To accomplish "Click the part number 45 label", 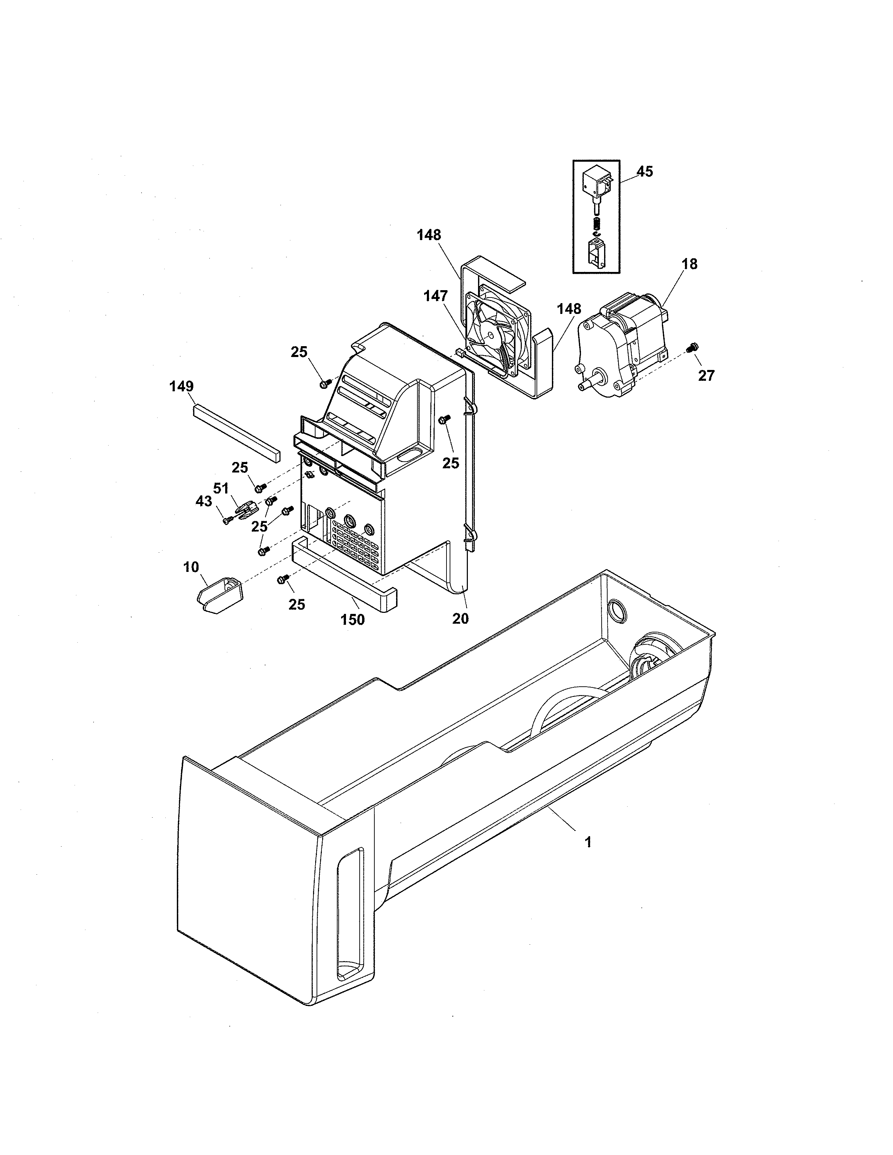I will coord(644,171).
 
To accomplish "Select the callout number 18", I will coord(689,264).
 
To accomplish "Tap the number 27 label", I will coord(706,376).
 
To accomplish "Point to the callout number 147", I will coord(435,296).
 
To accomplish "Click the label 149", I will coord(181,387).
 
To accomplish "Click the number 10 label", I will coord(191,567).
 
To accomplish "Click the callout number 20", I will coord(460,618).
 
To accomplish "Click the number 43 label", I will coord(204,501).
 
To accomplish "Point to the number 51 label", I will coord(221,488).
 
